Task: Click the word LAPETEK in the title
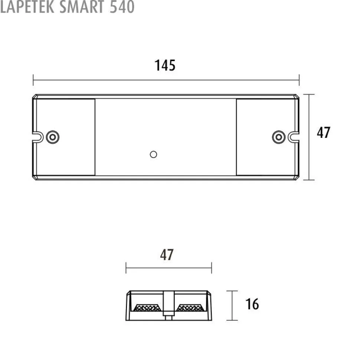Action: tap(27, 7)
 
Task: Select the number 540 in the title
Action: tap(122, 7)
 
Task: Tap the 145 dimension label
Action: tap(165, 65)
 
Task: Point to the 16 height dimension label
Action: tap(252, 304)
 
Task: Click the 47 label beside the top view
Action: tap(324, 132)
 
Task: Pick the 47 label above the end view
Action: tap(167, 255)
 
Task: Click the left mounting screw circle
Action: tap(53, 137)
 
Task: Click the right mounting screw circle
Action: tap(279, 137)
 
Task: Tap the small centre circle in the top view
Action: tap(153, 155)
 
